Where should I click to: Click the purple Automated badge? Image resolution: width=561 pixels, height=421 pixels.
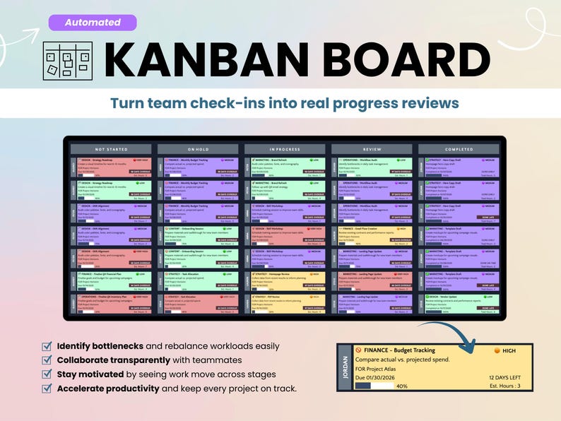coord(93,22)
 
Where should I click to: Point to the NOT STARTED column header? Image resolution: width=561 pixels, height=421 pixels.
coord(112,150)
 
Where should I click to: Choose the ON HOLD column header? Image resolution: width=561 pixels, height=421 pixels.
coord(199,150)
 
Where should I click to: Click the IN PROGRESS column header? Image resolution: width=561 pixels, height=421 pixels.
coord(285,150)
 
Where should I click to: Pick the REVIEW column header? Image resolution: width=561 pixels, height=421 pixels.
coord(372,150)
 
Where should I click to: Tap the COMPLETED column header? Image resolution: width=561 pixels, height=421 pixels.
coord(459,150)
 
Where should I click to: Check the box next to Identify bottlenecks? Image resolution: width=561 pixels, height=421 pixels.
coord(47,347)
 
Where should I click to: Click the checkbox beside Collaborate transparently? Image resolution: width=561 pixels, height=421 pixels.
coord(47,360)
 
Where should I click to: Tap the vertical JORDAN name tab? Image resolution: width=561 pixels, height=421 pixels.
coord(344,367)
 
